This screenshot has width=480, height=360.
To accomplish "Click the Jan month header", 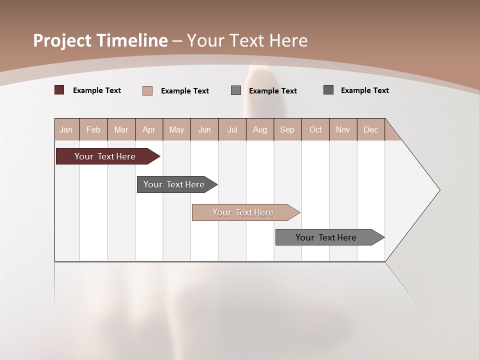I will click(66, 129).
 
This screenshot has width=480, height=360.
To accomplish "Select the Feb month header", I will click(93, 129).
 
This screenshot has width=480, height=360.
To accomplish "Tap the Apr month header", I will click(148, 129).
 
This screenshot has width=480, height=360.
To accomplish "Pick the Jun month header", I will click(204, 129).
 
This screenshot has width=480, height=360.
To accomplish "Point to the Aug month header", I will click(259, 129).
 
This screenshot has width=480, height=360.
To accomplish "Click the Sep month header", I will click(287, 129).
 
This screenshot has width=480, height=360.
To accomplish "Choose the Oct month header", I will click(315, 129).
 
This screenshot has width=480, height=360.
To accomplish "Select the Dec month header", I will click(370, 129).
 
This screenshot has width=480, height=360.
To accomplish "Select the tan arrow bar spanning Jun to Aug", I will click(244, 212).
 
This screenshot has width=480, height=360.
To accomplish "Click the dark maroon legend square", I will click(59, 90).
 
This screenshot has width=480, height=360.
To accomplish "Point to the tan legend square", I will click(147, 90).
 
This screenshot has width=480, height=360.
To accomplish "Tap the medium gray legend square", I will click(236, 90).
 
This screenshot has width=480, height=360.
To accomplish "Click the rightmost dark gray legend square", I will click(328, 90).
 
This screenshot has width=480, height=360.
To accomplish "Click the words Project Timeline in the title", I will click(100, 40).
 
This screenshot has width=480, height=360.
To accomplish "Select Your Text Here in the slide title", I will click(247, 40).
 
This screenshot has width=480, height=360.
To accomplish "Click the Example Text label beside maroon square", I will click(97, 90).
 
